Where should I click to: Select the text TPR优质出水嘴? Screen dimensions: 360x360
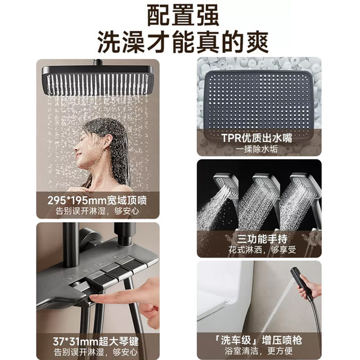click(259, 137)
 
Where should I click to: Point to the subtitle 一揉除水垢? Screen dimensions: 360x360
click(259, 149)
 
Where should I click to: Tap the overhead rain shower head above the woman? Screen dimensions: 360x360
click(97, 79)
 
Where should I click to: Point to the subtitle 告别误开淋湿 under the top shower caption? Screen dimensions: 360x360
click(97, 211)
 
